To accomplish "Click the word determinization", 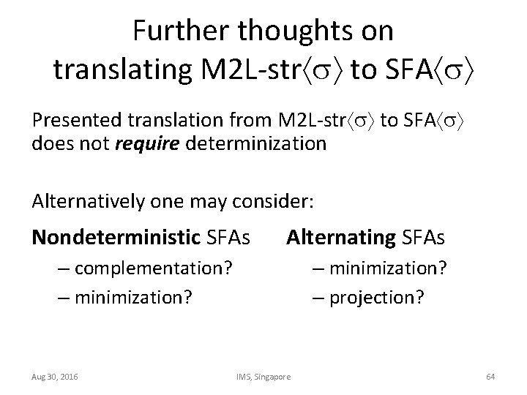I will [x=256, y=143].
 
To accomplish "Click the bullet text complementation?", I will [x=153, y=269].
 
